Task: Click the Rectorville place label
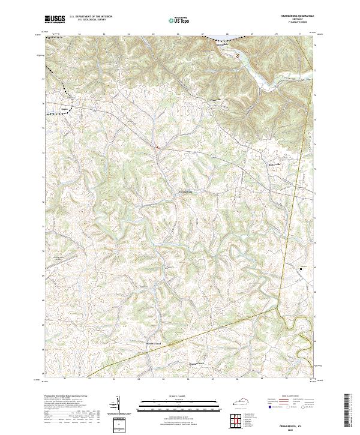(274, 164)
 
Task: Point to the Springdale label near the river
(223, 43)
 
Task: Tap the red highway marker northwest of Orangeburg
(157, 146)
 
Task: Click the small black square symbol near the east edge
(301, 268)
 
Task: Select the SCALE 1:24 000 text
(179, 397)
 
